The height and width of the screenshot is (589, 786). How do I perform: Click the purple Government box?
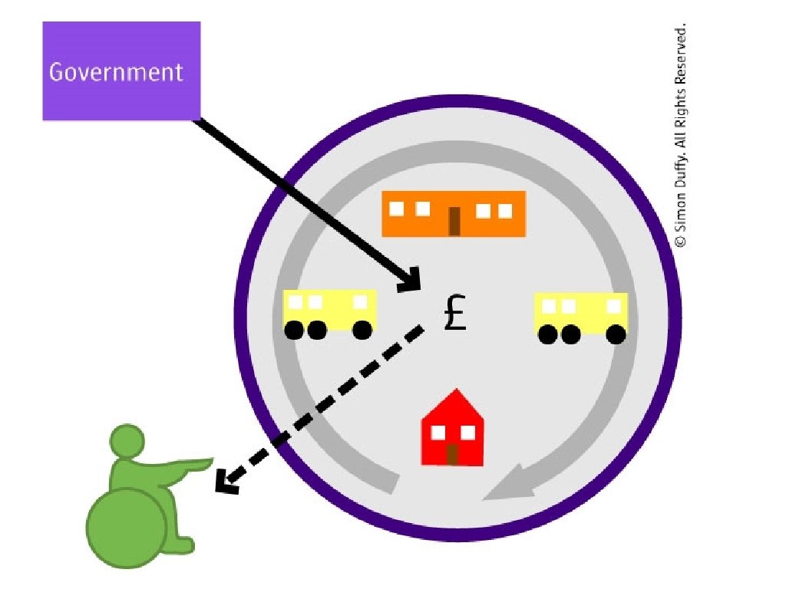pyautogui.click(x=121, y=71)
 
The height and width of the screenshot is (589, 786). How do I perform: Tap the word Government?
pyautogui.click(x=116, y=72)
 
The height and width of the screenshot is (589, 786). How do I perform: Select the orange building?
pyautogui.click(x=454, y=213)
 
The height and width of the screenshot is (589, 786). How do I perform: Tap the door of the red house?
pyautogui.click(x=453, y=454)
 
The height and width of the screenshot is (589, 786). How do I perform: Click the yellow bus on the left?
pyautogui.click(x=329, y=310)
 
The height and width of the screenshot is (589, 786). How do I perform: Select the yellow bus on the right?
pyautogui.click(x=581, y=313)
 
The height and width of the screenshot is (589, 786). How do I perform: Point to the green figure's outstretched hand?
pyautogui.click(x=202, y=462)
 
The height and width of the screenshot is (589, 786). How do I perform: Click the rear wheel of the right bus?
pyautogui.click(x=615, y=334)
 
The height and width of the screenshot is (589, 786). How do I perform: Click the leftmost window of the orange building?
pyautogui.click(x=398, y=208)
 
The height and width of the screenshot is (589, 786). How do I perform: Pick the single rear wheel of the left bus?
pyautogui.click(x=362, y=330)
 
